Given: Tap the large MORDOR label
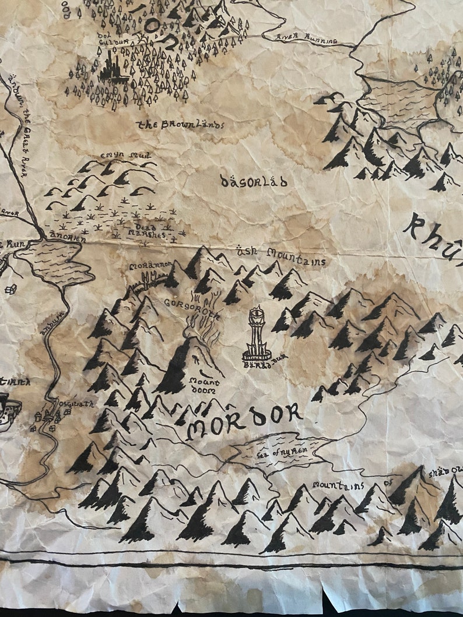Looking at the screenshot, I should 244,421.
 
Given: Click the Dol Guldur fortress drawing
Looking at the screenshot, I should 113,65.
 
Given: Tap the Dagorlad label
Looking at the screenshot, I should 254,182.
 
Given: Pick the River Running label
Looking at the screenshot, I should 307,40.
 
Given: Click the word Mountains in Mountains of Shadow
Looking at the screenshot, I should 338,485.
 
